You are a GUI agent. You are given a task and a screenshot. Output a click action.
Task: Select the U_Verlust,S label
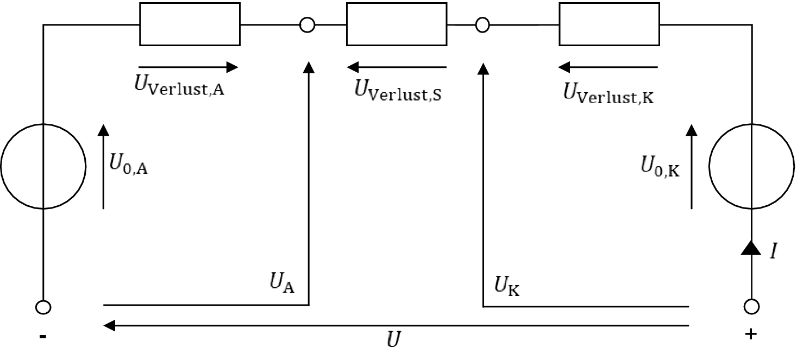[x=398, y=89]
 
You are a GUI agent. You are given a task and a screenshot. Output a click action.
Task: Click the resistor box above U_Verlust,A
[x=190, y=24]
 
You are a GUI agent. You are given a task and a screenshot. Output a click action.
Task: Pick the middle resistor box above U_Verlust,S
[x=396, y=24]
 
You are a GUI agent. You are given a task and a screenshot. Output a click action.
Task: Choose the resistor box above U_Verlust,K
[x=609, y=24]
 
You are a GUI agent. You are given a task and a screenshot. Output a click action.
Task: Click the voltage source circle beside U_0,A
[x=43, y=166]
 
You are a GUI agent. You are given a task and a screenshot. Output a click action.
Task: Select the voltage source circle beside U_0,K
[x=752, y=166]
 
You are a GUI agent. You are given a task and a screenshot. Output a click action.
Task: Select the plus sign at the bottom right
[x=751, y=334]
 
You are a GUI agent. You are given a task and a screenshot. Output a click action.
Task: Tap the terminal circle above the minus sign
[x=43, y=307]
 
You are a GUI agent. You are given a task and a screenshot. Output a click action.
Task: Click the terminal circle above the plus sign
[x=752, y=307]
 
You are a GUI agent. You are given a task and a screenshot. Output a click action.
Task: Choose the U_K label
[x=506, y=285]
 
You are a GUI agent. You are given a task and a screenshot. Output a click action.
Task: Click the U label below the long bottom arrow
[x=393, y=341]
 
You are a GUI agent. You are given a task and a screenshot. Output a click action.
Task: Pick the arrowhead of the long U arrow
[x=109, y=326]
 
